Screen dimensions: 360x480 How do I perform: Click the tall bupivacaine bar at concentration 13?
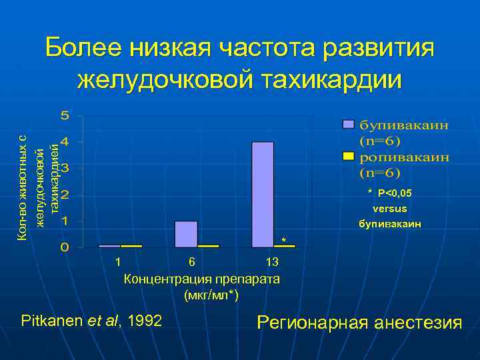coord(263,194)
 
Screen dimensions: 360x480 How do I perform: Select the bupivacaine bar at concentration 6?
coord(186,234)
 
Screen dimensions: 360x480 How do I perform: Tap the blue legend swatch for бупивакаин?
coord(347,125)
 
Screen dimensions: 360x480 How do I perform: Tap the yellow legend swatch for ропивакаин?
coord(347,157)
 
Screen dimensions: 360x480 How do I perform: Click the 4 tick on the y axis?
coord(64,142)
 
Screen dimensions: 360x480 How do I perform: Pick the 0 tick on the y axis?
coord(64,247)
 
